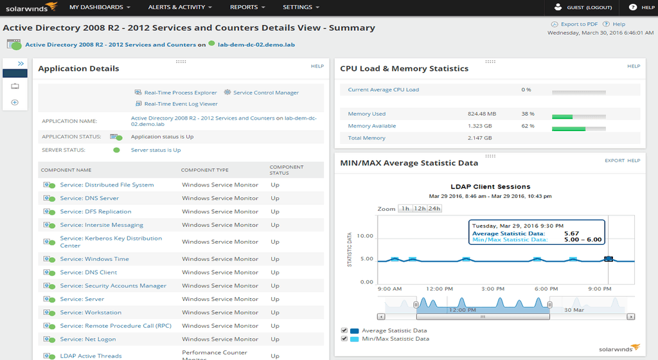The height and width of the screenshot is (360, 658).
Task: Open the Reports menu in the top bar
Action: pos(247,7)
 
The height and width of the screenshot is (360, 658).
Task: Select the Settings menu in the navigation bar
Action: pos(301,7)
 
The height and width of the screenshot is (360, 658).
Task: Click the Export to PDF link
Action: pos(579,24)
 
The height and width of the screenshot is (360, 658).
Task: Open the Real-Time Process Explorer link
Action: pos(180,93)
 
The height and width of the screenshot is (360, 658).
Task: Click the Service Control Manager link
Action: pos(265,93)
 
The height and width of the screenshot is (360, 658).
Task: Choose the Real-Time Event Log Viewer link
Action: pos(181,104)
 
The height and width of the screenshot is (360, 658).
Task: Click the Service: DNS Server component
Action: pos(89,198)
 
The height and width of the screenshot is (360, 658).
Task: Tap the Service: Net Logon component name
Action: pos(88,339)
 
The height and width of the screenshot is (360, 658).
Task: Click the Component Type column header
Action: pos(204,170)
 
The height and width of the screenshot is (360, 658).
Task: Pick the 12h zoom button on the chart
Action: pos(420,208)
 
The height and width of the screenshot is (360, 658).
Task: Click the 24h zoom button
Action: pos(434,208)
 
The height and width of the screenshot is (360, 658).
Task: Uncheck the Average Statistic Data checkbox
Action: pos(344,330)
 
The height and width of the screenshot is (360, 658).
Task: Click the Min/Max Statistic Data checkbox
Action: pos(344,339)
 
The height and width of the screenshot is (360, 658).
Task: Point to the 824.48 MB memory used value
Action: pos(482,114)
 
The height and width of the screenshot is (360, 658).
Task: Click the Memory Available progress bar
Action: pos(578,129)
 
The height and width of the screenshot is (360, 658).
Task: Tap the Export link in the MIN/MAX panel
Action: pos(614,161)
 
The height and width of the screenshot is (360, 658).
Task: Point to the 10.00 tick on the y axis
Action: pos(364,236)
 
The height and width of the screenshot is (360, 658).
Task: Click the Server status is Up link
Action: pos(156,150)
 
